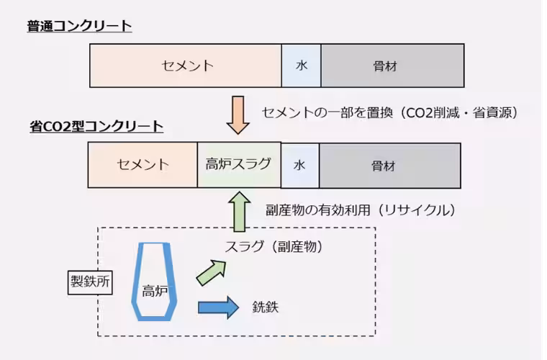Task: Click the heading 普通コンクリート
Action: click(x=79, y=27)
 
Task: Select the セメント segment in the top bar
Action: click(x=186, y=66)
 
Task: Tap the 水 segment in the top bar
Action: click(x=301, y=66)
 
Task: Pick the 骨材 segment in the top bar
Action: click(x=392, y=66)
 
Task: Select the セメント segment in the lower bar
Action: click(x=143, y=165)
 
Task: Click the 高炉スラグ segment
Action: click(x=238, y=165)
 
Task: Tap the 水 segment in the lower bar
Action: click(x=299, y=165)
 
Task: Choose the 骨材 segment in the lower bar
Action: click(x=389, y=165)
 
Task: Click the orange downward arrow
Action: click(x=238, y=114)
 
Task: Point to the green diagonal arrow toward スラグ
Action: click(x=210, y=273)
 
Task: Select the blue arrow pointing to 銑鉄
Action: click(x=218, y=307)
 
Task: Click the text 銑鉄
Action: click(x=265, y=307)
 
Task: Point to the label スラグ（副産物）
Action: click(x=273, y=246)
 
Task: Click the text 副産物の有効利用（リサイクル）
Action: click(x=361, y=210)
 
